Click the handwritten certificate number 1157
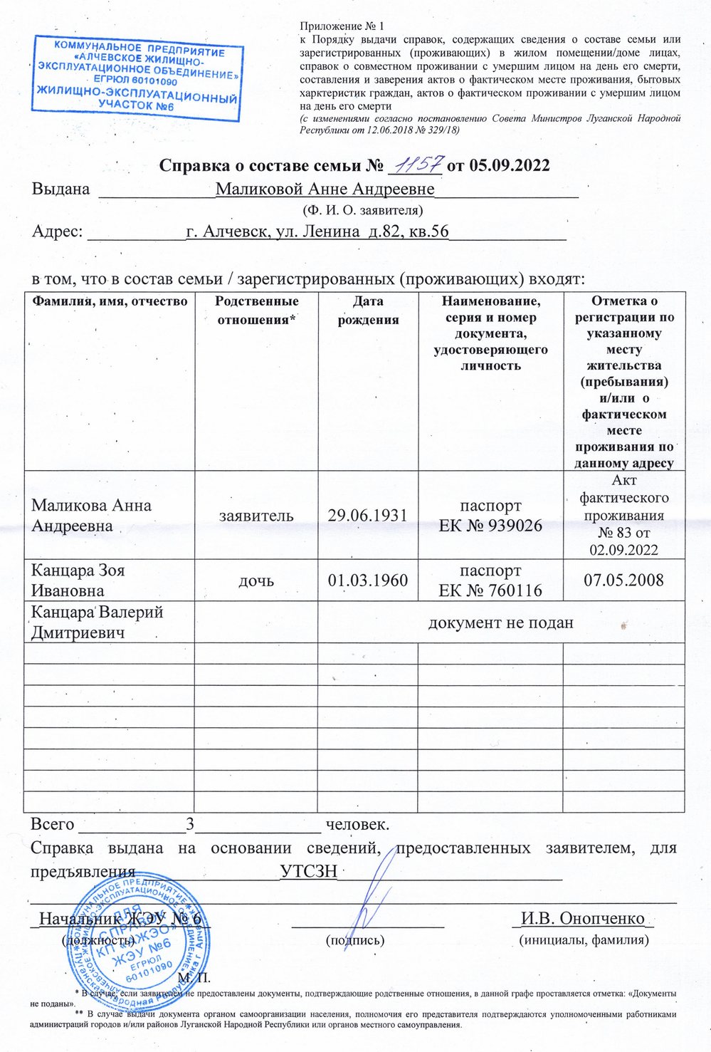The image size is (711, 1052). click(416, 165)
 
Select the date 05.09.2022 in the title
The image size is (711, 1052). click(510, 166)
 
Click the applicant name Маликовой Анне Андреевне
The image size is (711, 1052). click(325, 189)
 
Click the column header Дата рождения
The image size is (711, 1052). click(368, 311)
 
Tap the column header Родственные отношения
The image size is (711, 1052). click(256, 311)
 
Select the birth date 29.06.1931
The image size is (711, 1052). click(367, 515)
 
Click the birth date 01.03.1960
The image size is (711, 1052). click(367, 580)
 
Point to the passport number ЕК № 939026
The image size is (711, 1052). click(490, 526)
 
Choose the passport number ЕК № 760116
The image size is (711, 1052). click(490, 590)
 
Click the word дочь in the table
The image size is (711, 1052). click(256, 580)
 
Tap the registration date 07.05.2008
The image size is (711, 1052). click(623, 580)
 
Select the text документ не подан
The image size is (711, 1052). click(500, 623)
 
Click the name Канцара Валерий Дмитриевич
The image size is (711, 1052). click(97, 622)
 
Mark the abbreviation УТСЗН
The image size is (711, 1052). click(308, 873)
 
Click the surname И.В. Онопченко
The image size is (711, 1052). click(582, 918)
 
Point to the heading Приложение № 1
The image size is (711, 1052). click(332, 26)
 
